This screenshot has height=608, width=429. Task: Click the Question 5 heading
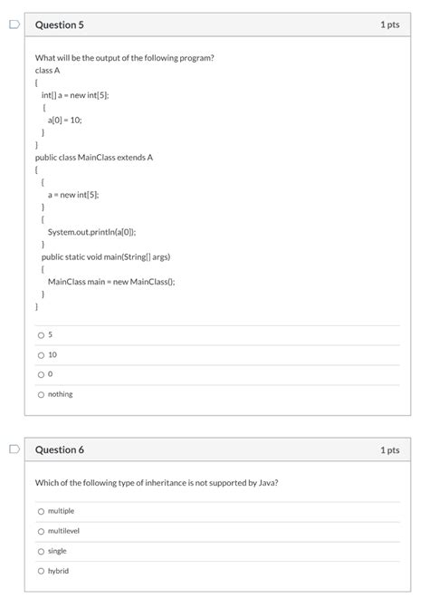[59, 24]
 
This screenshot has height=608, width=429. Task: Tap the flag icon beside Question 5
[12, 24]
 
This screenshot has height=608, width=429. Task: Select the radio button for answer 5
[41, 334]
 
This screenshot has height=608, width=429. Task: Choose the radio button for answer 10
[41, 354]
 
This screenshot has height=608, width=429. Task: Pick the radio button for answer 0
[41, 374]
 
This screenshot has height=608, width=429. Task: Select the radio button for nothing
[41, 394]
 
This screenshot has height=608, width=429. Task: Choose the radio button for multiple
[41, 511]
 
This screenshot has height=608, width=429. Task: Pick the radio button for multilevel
[41, 531]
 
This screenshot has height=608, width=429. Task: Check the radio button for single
[41, 551]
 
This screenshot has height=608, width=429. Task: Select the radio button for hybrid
[41, 571]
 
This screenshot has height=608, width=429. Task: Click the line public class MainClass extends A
[94, 157]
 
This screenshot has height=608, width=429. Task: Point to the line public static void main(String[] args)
[106, 256]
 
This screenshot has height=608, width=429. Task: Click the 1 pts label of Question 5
[389, 24]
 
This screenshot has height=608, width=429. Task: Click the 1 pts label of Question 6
[389, 449]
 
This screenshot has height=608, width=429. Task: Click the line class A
[47, 70]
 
